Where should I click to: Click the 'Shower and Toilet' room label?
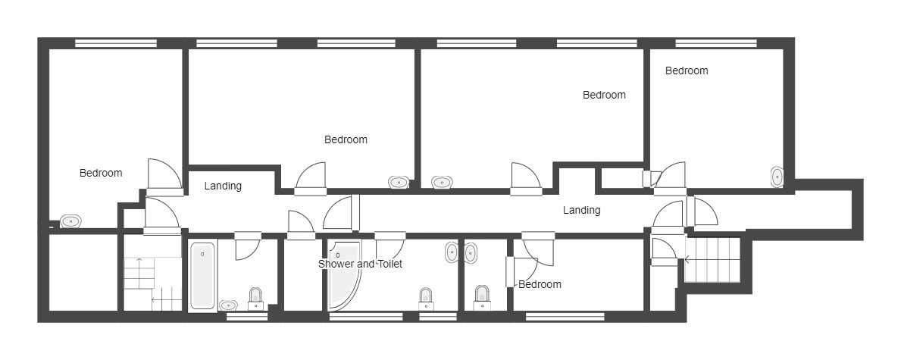[360, 264]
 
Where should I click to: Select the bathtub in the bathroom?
[202, 276]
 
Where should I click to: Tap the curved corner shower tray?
[343, 276]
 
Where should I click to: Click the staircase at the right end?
[712, 260]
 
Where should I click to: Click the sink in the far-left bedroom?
[70, 221]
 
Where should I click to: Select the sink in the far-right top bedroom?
[777, 177]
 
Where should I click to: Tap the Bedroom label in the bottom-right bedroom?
[540, 284]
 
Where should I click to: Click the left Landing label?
[223, 186]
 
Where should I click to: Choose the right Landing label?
[581, 210]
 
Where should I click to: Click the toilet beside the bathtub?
[255, 299]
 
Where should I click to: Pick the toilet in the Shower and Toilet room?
[425, 299]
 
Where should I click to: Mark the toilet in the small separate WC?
[482, 297]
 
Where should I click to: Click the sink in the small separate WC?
[471, 253]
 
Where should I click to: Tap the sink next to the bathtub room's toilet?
[228, 305]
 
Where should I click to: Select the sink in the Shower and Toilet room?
[452, 253]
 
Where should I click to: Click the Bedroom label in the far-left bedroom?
[101, 173]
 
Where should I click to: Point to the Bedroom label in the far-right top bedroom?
[687, 70]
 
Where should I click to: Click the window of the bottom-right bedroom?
[565, 316]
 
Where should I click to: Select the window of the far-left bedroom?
[116, 43]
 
